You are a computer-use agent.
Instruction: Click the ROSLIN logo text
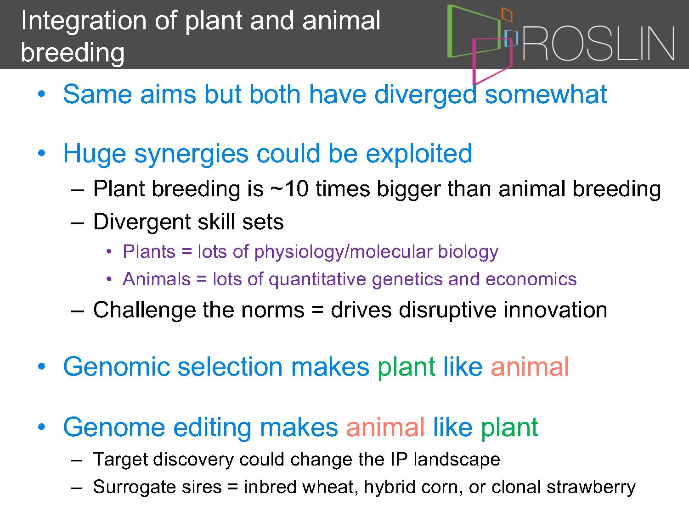click(599, 43)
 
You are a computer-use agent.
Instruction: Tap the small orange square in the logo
click(507, 15)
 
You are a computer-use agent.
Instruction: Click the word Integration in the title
click(84, 21)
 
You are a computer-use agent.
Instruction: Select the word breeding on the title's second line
click(73, 53)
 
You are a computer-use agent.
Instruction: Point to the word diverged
click(426, 94)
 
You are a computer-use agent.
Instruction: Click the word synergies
click(191, 155)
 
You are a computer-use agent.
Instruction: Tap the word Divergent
click(142, 222)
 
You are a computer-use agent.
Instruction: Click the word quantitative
click(317, 279)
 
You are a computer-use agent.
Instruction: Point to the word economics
click(531, 279)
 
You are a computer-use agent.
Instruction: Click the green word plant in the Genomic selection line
click(407, 367)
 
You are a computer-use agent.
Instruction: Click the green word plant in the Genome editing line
click(510, 427)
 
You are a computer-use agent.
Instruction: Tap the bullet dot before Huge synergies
click(41, 154)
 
